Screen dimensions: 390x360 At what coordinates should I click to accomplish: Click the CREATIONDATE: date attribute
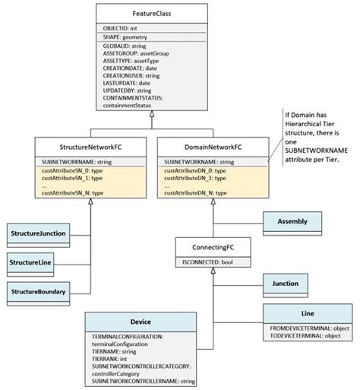pos(130,68)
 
